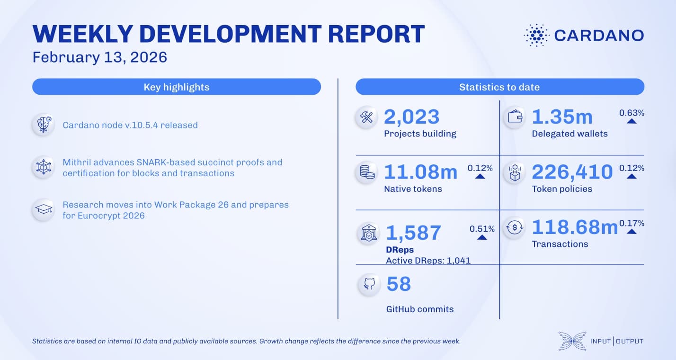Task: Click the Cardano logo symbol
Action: click(536, 36)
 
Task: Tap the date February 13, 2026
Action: click(100, 57)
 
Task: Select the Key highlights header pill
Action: click(176, 87)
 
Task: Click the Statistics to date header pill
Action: click(499, 87)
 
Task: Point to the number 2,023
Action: click(411, 117)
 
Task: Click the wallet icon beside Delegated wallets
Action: click(515, 117)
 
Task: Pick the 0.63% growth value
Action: click(632, 113)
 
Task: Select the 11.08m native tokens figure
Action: click(420, 172)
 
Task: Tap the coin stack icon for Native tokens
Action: click(367, 172)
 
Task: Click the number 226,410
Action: click(572, 172)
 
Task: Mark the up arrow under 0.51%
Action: click(482, 237)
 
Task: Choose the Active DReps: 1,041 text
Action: click(428, 261)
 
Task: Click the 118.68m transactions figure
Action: click(575, 227)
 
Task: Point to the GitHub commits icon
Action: click(369, 284)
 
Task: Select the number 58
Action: click(399, 284)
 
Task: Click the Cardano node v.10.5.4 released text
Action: click(130, 126)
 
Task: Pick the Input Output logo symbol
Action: click(571, 341)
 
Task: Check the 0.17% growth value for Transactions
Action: click(632, 223)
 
